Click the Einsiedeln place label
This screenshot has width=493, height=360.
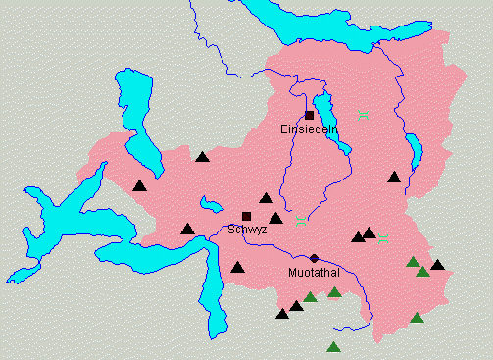(x=309, y=129)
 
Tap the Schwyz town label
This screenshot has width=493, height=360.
(x=247, y=229)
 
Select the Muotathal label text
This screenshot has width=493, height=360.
(x=314, y=272)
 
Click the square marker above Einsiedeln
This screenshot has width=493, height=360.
(x=309, y=116)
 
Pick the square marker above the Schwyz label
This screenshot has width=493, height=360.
(x=246, y=216)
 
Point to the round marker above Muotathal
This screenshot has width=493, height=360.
(x=314, y=258)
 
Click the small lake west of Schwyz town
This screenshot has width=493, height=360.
(x=211, y=205)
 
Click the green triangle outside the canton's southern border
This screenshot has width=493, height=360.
(x=333, y=347)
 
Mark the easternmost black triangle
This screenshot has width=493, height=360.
(x=437, y=265)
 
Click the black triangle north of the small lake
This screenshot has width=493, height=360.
(x=202, y=157)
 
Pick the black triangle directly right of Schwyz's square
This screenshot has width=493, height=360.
(x=276, y=219)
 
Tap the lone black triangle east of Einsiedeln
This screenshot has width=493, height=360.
(x=394, y=178)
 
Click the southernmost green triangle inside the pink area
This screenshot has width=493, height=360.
(x=417, y=318)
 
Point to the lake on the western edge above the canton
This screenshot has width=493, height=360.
(x=132, y=108)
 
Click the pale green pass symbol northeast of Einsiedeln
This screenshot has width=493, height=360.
(x=364, y=116)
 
